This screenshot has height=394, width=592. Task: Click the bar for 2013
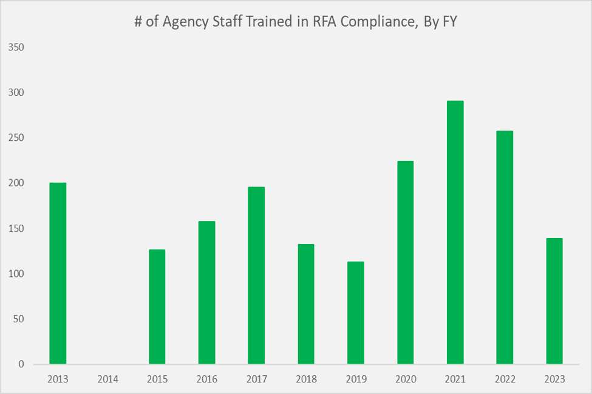pos(58,273)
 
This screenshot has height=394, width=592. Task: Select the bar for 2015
pos(157,307)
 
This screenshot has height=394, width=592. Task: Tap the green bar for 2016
pos(206,293)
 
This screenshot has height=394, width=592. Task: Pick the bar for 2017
pos(256,276)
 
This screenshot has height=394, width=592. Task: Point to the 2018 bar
pos(306,304)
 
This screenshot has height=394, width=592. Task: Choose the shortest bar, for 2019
pos(356,313)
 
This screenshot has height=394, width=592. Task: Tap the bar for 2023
pos(554,301)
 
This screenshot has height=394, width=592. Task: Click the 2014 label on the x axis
pos(107,379)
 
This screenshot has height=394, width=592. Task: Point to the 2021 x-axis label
pos(455,379)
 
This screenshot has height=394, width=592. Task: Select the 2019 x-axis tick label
pos(356,379)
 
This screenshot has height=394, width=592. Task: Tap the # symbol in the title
pos(138,23)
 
